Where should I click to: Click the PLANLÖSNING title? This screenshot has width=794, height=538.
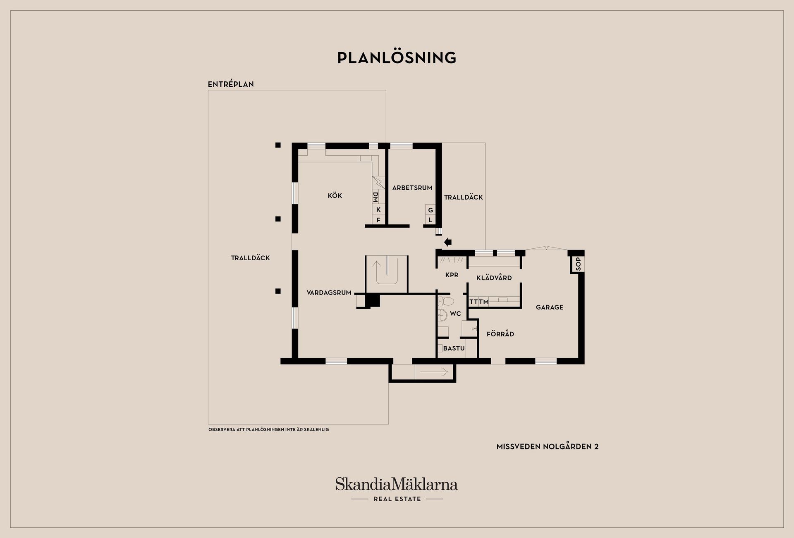coord(397,57)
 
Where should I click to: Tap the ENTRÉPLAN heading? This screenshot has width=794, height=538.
coord(231,84)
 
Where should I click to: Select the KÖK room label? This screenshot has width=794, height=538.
coord(335,195)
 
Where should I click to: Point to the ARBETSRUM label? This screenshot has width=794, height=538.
coord(412,188)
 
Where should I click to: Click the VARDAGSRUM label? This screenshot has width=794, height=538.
coord(329,293)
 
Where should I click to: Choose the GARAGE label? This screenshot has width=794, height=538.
coord(550,307)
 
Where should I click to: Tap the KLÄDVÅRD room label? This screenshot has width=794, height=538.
coord(494,278)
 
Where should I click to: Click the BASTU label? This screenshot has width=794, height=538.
coord(454,348)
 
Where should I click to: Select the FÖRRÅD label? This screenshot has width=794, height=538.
coord(500,334)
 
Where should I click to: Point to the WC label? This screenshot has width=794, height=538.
coord(455,314)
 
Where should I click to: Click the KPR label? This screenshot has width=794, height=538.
coord(452,275)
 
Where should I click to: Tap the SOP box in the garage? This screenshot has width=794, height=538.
coord(578,264)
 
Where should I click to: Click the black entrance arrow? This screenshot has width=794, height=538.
coord(447,242)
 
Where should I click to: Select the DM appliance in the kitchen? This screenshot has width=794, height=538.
coord(375,197)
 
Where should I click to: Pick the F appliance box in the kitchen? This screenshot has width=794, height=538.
coord(378,220)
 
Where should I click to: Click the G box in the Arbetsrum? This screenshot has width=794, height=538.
coord(430,210)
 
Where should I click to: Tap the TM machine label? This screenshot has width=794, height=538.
coord(484,302)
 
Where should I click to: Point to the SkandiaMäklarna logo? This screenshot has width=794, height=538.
coord(397,489)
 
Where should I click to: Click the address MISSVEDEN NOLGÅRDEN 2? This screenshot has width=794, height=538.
coord(548,446)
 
